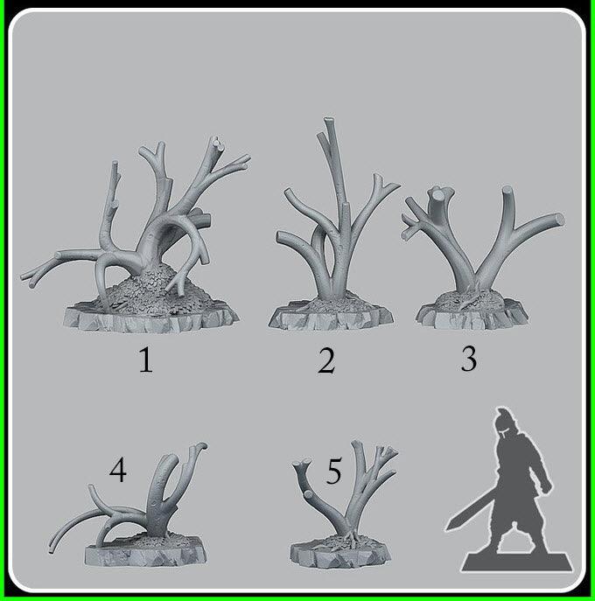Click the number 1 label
pos(145,360)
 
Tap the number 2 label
pos(326,360)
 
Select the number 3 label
pos(469,359)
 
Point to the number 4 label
pos(118,472)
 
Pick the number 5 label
pos(333,473)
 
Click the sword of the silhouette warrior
pos(465,513)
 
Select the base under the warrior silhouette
pos(517,559)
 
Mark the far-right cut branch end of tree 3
pos(557,220)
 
